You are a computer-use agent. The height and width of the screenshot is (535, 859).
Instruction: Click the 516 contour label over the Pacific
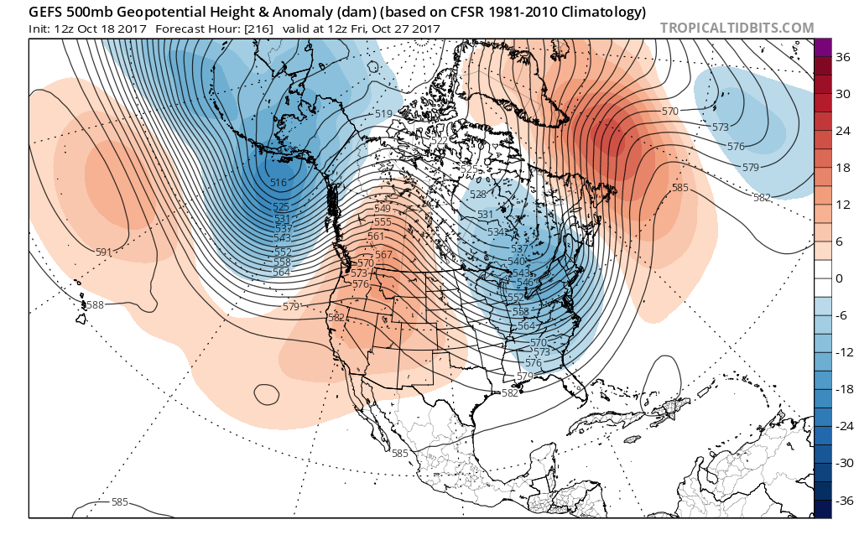(x=279, y=183)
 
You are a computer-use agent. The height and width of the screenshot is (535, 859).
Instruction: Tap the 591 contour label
(x=104, y=252)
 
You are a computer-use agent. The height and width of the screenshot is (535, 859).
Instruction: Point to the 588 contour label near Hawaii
(x=95, y=305)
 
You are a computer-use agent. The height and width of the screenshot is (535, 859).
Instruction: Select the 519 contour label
(x=384, y=114)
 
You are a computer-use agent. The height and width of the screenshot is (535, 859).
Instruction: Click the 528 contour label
(x=478, y=195)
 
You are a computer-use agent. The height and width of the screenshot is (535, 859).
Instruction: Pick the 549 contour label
(x=383, y=209)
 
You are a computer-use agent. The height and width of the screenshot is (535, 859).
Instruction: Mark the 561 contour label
(x=376, y=236)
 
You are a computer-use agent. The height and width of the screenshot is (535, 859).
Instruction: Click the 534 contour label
(x=497, y=231)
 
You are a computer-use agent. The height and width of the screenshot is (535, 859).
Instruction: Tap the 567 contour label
(x=384, y=255)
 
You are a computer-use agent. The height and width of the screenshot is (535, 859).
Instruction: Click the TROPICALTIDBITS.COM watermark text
(x=737, y=28)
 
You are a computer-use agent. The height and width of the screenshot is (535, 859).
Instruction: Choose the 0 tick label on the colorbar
(x=836, y=278)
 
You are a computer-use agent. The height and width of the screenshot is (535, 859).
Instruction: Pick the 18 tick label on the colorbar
(x=836, y=168)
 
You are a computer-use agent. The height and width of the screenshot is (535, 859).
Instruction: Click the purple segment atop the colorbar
(x=822, y=48)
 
